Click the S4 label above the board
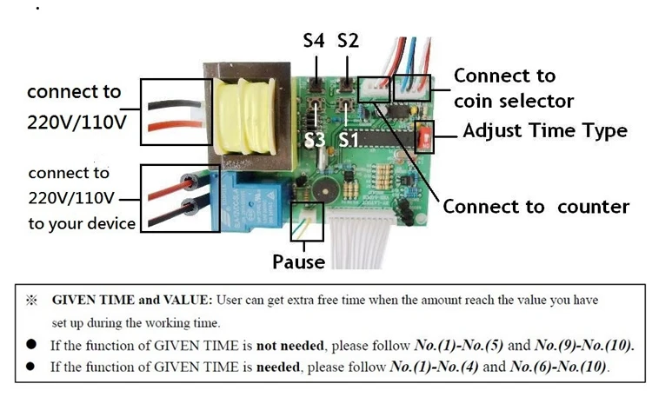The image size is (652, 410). tap(314, 40)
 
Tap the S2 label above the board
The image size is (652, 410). tap(348, 40)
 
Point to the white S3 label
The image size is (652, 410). tap(315, 140)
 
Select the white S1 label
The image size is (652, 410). tap(348, 140)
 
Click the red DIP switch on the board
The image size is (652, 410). tap(424, 137)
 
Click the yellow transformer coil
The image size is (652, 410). tap(245, 116)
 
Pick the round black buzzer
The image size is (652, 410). tap(326, 190)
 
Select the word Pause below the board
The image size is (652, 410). tap(298, 262)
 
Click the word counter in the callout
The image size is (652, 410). tap(594, 207)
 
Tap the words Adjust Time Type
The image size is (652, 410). tap(545, 131)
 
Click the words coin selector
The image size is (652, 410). tap(514, 102)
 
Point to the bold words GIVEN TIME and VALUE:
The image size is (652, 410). tap(132, 300)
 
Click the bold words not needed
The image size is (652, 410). tap(289, 346)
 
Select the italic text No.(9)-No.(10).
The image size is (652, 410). tap(584, 345)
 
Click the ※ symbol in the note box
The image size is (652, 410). tap(31, 301)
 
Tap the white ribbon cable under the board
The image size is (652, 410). tap(360, 241)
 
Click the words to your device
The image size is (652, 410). tap(82, 224)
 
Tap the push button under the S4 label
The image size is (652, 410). tap(316, 85)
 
